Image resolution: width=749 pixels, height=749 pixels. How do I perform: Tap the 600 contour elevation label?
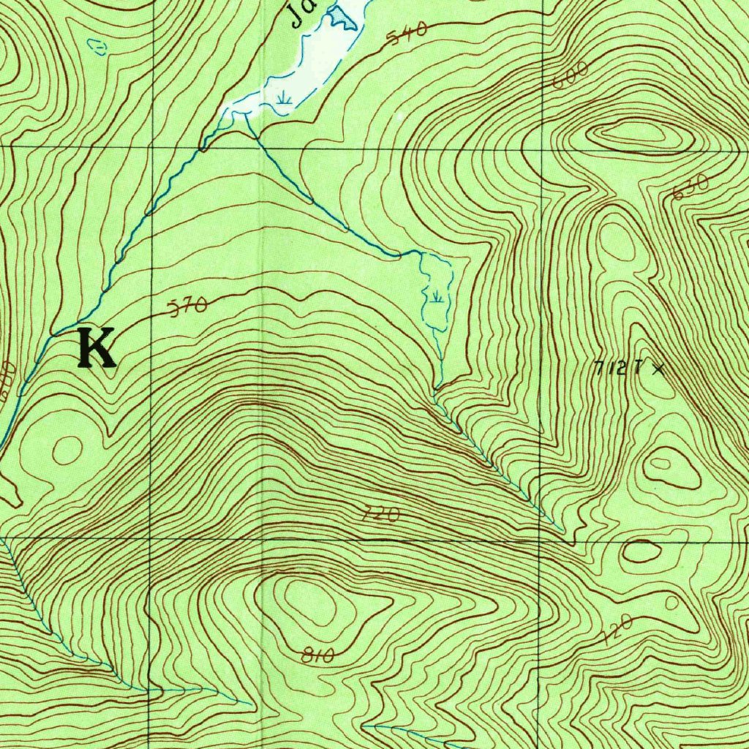(571, 76)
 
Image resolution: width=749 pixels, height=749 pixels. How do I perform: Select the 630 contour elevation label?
(690, 187)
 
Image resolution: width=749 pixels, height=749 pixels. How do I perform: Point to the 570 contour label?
(189, 306)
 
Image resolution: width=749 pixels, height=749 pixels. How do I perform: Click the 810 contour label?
(317, 656)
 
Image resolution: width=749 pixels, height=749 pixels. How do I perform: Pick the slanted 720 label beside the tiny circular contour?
(618, 630)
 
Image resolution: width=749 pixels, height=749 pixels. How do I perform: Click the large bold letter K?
(97, 348)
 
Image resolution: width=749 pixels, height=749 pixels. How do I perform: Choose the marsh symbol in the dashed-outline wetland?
(437, 296)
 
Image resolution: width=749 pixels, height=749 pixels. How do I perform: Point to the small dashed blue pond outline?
(98, 47)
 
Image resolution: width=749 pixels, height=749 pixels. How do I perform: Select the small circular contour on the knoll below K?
(67, 449)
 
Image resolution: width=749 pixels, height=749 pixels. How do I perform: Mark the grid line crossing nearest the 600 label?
(542, 148)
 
